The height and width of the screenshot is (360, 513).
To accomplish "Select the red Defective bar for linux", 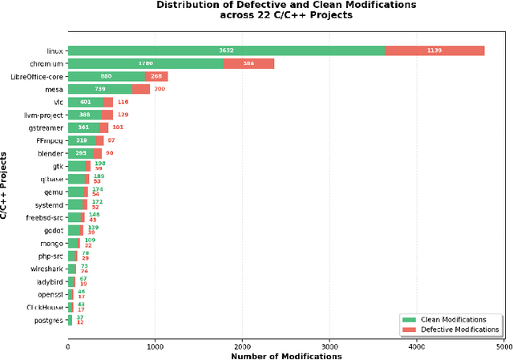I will tap(434, 51).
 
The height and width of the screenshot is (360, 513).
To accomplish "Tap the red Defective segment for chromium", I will tap(248, 63).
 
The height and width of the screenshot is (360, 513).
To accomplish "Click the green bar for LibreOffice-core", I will tap(106, 76).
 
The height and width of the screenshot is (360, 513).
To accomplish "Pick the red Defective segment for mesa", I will tap(141, 89).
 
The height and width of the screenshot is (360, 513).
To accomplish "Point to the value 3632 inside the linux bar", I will tap(226, 51).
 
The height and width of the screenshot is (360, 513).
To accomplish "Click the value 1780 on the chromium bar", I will tap(145, 63).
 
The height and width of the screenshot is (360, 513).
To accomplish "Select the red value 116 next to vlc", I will tap(123, 102).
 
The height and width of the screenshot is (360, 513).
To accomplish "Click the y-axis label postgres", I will tap(48, 320).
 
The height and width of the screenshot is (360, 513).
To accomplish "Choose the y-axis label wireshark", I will tap(46, 269).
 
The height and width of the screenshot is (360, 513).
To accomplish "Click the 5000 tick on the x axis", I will tap(503, 346).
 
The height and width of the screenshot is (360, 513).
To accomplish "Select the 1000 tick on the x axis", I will tap(155, 346).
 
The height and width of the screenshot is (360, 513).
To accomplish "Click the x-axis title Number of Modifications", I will tap(286, 355).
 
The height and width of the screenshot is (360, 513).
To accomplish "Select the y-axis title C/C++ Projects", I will tap(6, 185).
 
